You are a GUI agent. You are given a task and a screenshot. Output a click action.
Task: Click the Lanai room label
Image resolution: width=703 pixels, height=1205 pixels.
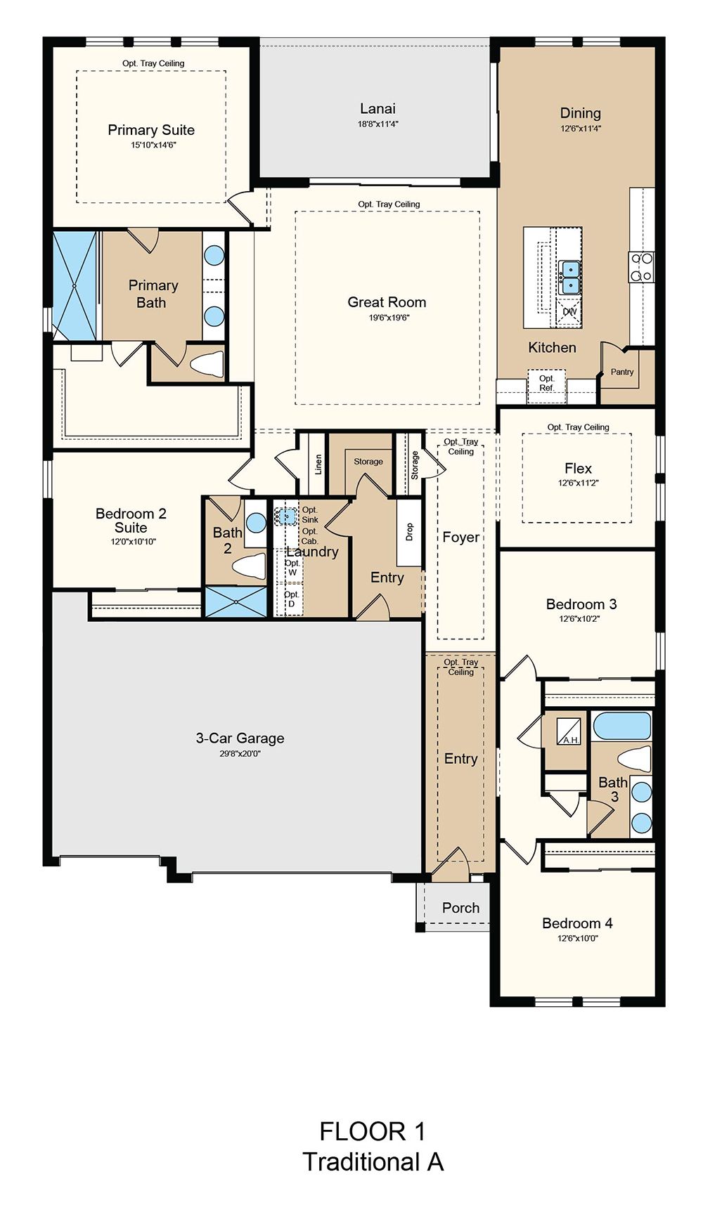(378, 109)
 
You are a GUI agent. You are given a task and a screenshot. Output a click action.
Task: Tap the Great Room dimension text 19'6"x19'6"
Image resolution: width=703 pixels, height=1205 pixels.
(387, 318)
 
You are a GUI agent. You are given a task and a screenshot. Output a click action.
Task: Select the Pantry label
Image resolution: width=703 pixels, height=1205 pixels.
(622, 372)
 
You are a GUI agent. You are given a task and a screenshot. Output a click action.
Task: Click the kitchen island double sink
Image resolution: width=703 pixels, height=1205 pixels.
(569, 277)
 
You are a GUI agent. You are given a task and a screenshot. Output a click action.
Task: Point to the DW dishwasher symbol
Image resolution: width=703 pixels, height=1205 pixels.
(569, 312)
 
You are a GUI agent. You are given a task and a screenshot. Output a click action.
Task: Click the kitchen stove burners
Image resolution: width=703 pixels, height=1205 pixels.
(641, 267)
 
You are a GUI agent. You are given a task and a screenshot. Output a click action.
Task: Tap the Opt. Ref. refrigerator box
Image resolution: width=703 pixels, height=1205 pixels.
(547, 386)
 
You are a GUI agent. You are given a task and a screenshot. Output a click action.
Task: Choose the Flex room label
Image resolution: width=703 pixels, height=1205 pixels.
(578, 468)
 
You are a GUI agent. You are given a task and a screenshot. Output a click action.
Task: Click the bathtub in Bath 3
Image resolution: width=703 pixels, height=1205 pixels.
(621, 726)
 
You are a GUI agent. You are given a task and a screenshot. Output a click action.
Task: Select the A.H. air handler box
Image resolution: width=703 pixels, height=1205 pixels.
(569, 731)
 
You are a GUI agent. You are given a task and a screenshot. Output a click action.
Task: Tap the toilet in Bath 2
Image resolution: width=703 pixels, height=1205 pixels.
(250, 566)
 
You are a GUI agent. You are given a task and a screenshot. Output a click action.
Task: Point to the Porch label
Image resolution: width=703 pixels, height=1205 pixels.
(460, 908)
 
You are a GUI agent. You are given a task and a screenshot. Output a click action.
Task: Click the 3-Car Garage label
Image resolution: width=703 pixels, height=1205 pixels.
(240, 738)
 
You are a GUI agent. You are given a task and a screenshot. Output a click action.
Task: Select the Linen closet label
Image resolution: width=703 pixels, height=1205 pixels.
(318, 464)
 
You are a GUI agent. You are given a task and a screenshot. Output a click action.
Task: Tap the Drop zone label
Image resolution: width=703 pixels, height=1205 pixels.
(409, 532)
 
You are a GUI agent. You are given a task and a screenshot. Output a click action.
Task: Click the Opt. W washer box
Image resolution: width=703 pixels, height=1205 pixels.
(292, 568)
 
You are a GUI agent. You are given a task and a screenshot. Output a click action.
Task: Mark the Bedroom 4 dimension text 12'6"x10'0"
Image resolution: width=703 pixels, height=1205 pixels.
(578, 938)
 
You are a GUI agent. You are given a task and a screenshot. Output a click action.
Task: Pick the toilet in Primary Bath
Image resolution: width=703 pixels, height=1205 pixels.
(207, 364)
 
